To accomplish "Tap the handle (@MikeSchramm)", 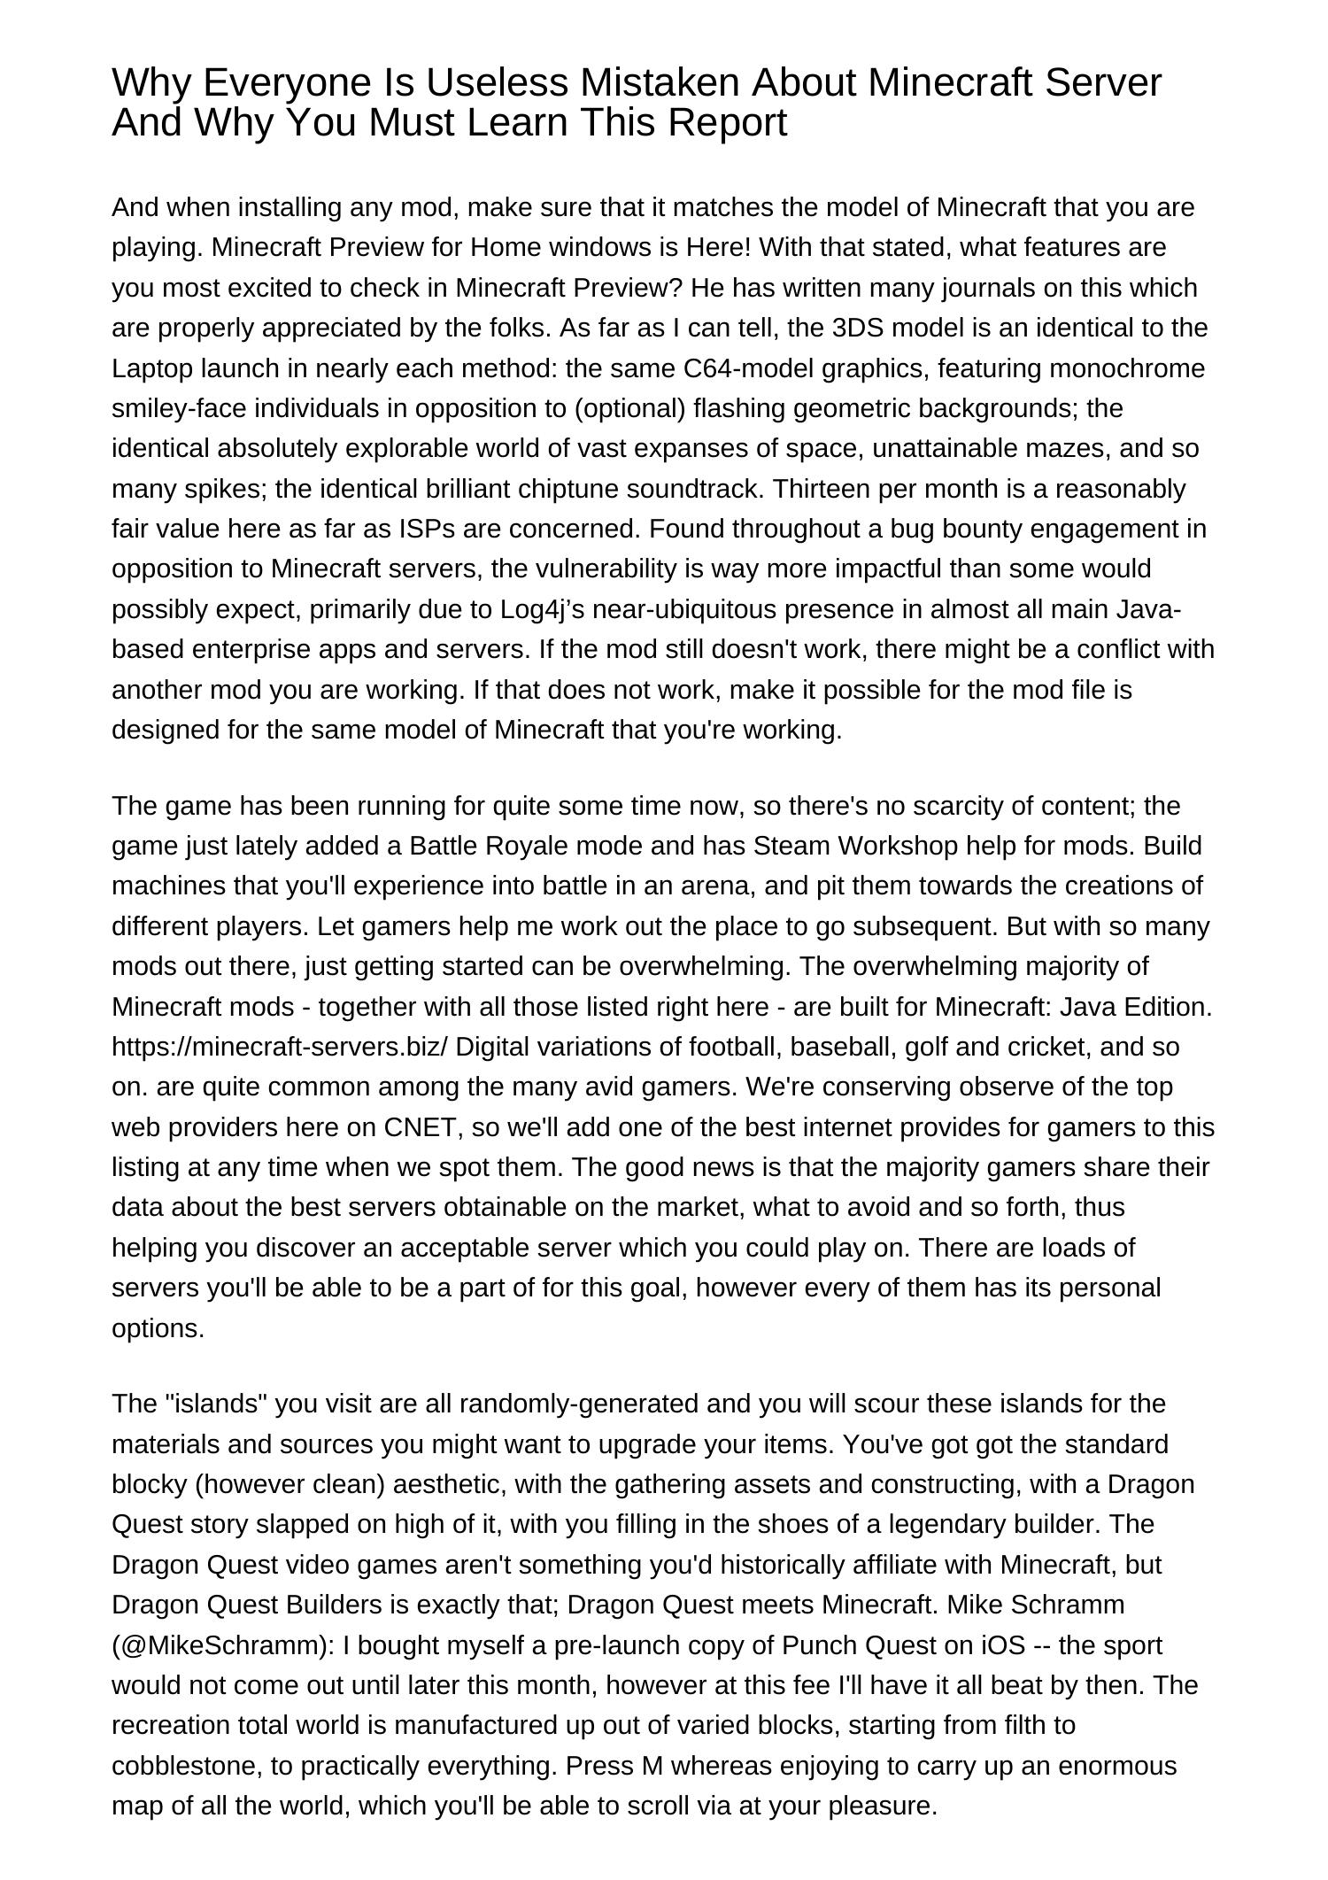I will click(220, 1645).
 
